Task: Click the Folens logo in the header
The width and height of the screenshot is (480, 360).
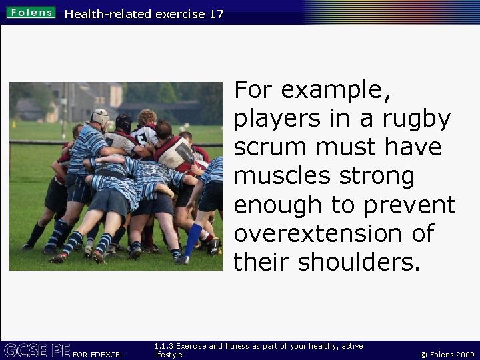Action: (x=31, y=12)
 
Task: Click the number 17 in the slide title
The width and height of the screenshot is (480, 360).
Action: (x=216, y=13)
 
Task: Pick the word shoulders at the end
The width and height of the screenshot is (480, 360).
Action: (x=359, y=263)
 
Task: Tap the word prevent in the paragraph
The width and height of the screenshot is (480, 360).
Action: (x=411, y=205)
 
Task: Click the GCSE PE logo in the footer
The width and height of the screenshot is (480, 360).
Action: (x=37, y=350)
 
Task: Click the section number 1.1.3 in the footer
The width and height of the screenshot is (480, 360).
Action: (x=163, y=346)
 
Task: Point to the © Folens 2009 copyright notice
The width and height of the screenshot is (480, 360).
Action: (x=447, y=355)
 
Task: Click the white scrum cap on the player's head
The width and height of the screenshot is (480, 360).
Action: (x=100, y=116)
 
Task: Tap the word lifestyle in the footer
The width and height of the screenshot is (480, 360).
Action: (x=168, y=355)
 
